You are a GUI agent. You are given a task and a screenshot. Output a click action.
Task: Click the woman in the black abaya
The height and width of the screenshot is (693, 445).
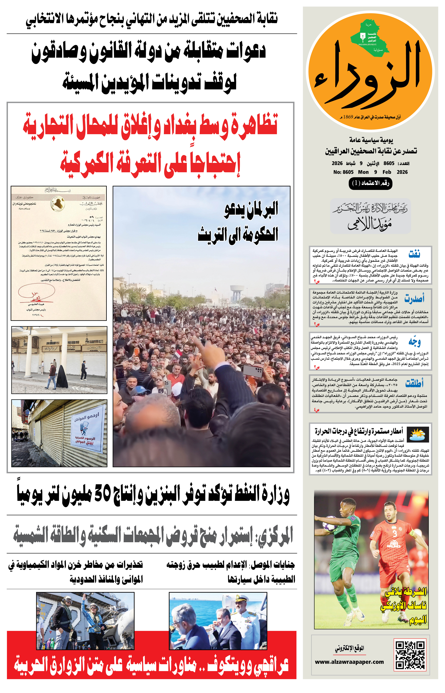coord(62,377)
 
